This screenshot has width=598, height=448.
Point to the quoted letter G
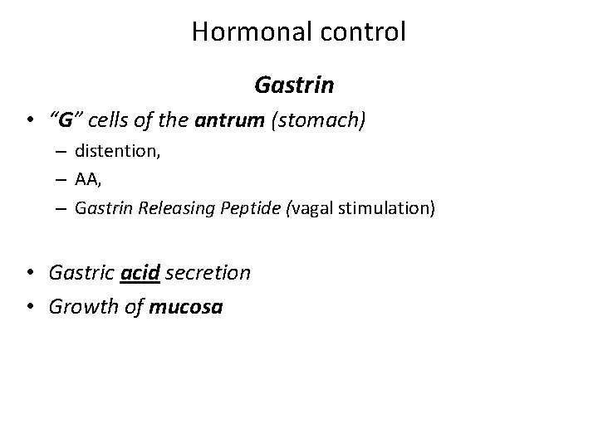click(x=63, y=121)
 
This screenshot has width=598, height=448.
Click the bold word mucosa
click(x=187, y=307)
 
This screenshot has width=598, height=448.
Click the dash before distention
click(x=61, y=152)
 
